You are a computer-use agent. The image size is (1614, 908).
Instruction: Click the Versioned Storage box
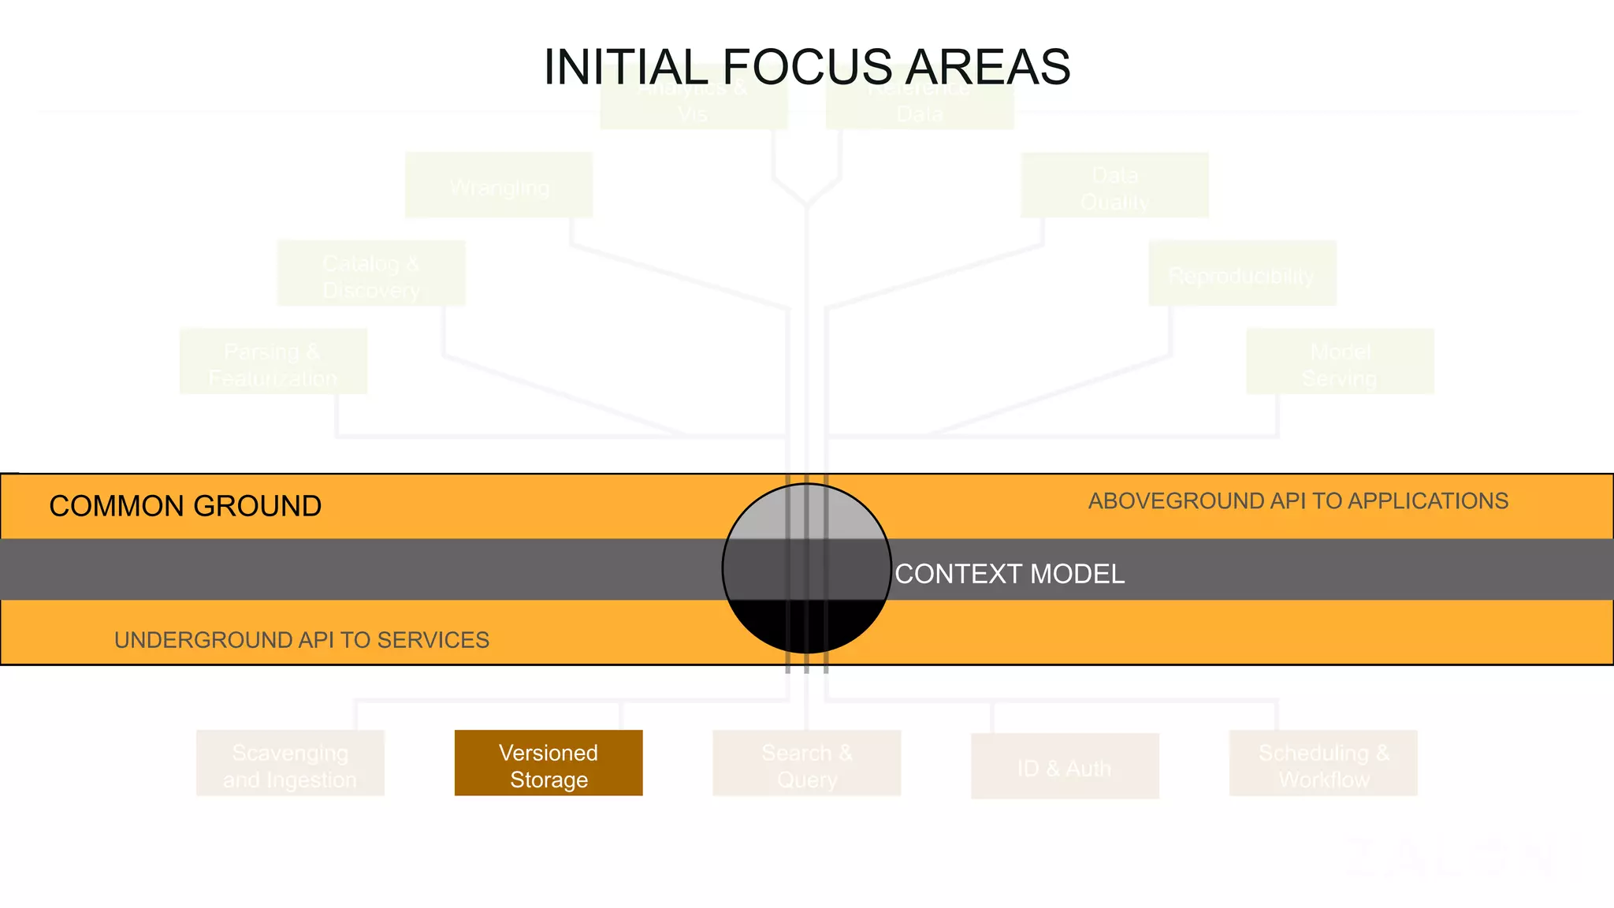click(549, 762)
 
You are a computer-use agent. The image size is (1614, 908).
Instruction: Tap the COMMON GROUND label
click(185, 506)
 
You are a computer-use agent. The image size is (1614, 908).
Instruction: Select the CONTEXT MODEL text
click(1010, 574)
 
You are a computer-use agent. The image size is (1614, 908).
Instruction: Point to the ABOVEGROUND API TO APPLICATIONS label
click(1298, 501)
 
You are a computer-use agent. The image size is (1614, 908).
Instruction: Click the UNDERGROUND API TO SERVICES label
click(302, 640)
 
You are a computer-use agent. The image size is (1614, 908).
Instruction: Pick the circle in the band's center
click(807, 568)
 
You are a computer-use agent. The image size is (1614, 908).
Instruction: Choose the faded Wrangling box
click(499, 185)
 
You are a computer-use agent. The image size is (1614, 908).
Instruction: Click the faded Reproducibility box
click(1242, 274)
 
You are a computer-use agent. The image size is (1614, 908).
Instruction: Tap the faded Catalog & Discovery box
click(371, 274)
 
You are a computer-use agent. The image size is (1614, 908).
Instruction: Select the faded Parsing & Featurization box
click(273, 362)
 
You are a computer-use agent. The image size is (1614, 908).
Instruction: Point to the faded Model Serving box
click(1340, 362)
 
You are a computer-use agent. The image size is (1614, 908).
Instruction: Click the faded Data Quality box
click(1114, 185)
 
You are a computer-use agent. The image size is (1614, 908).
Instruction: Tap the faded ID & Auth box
click(1065, 766)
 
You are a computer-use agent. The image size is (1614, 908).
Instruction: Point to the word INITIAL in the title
click(627, 67)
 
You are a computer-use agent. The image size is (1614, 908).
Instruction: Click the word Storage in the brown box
click(549, 780)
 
